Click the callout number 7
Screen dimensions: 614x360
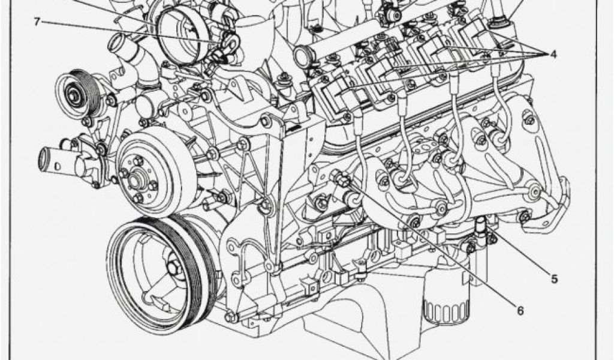(x=37, y=22)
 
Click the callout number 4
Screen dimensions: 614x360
(x=552, y=54)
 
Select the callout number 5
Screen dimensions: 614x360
(x=554, y=279)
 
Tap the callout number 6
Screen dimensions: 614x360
(x=520, y=311)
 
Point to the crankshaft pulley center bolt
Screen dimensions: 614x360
(x=171, y=268)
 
